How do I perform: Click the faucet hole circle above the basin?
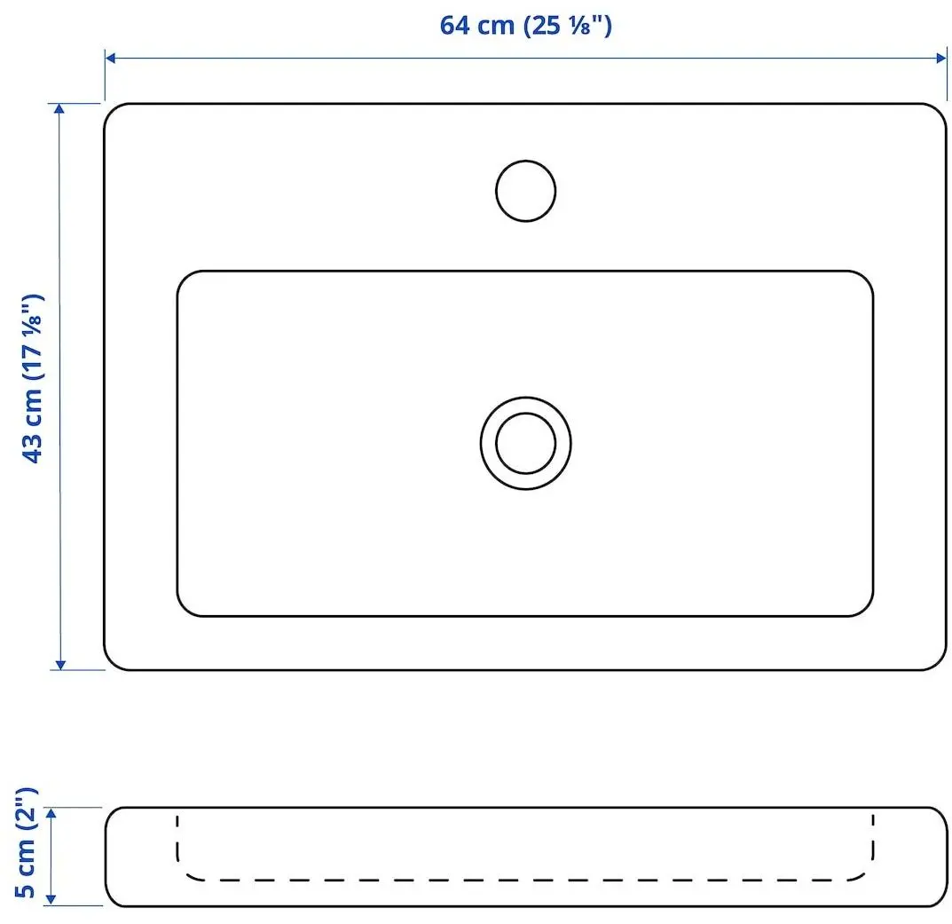(x=525, y=190)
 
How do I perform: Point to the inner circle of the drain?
(x=525, y=442)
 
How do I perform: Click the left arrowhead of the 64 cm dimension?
(x=111, y=58)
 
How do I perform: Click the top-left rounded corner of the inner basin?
(x=186, y=280)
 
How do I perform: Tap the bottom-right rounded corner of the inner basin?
(x=863, y=606)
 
